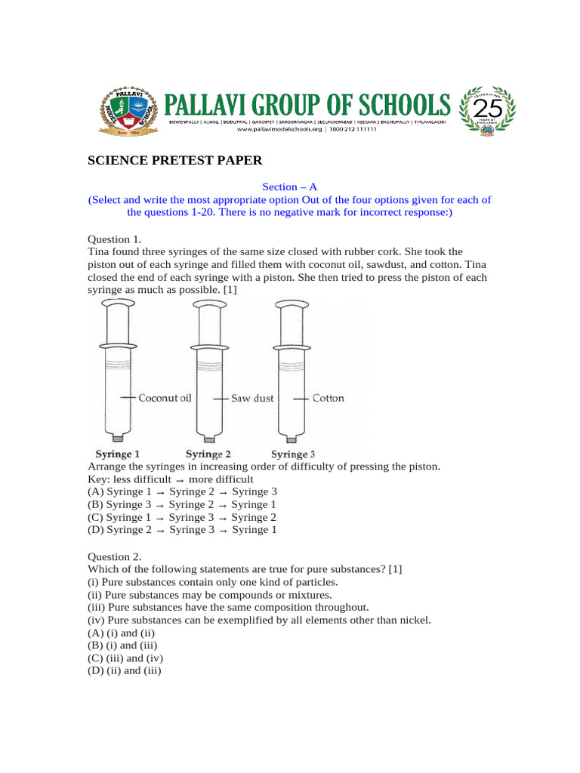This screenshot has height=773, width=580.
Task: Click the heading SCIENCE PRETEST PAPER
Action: click(175, 160)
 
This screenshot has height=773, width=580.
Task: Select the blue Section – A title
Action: click(289, 186)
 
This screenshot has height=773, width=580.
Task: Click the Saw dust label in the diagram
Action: click(252, 398)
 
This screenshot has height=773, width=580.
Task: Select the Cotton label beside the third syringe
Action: click(328, 398)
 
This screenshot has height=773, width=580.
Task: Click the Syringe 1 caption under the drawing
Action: click(117, 454)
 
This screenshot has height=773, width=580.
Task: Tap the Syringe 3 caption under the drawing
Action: click(293, 454)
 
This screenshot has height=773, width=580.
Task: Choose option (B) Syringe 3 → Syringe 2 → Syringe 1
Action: click(182, 504)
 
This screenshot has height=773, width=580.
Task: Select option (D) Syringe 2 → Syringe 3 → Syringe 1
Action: click(182, 530)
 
